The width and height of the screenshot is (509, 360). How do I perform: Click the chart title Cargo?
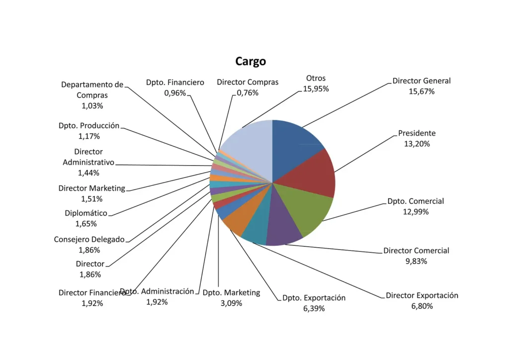tap(251, 61)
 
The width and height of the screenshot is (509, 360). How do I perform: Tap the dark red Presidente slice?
tap(315, 176)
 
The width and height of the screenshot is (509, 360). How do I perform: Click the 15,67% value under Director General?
tap(422, 91)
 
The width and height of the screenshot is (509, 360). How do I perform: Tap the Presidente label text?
tap(417, 133)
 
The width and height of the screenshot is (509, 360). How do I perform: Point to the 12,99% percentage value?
tap(416, 212)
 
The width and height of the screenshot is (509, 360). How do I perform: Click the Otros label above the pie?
tap(316, 78)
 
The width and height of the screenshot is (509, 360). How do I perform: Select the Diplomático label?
tap(86, 213)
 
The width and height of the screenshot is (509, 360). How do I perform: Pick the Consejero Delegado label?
tap(89, 240)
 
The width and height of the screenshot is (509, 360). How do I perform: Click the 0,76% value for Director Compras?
tap(248, 93)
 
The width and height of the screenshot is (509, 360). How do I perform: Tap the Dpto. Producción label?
tap(89, 126)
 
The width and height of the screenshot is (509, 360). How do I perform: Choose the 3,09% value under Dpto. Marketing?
tap(231, 303)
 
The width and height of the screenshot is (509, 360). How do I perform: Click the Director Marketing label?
tap(91, 188)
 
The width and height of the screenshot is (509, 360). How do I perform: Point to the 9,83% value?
tap(416, 262)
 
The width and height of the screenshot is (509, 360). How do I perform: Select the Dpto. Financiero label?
tap(175, 83)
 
